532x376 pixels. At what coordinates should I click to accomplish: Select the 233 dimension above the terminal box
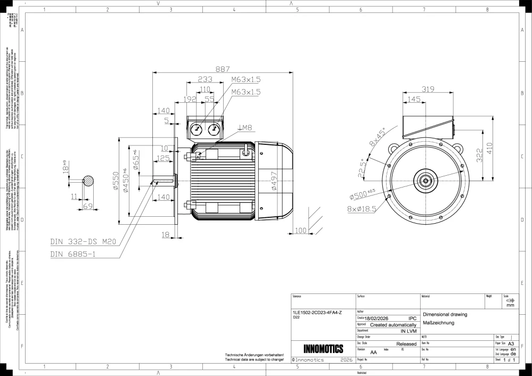(x=205, y=79)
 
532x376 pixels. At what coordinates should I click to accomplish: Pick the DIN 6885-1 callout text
(x=73, y=254)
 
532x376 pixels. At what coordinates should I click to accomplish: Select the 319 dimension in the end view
(x=428, y=89)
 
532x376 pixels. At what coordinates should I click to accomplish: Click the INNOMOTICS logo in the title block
(x=323, y=349)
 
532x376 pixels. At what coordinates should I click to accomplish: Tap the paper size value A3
(x=512, y=344)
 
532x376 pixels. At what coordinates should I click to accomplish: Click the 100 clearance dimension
(x=301, y=231)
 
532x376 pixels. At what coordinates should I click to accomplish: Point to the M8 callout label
(x=245, y=127)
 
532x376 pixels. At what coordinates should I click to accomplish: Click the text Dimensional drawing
(x=445, y=314)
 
